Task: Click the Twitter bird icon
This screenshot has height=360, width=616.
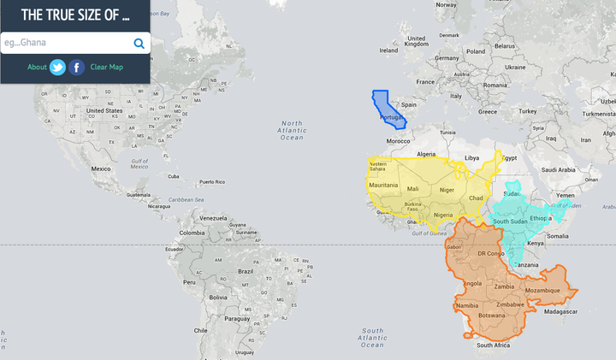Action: (57, 68)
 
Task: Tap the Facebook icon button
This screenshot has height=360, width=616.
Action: (77, 68)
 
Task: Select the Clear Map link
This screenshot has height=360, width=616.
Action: (107, 68)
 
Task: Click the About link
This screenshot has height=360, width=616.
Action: (37, 68)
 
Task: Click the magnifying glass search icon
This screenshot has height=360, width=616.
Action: (139, 44)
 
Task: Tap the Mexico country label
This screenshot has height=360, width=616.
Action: (102, 168)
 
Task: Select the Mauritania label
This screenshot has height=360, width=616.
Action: (382, 186)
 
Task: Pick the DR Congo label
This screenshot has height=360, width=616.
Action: (492, 254)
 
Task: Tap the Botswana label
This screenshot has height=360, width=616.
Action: (492, 316)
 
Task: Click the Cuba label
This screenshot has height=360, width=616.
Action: (174, 177)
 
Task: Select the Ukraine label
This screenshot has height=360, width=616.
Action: (515, 67)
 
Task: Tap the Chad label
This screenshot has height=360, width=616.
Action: (477, 198)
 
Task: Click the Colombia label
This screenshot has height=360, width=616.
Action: (192, 233)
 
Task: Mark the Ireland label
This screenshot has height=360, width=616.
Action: (388, 50)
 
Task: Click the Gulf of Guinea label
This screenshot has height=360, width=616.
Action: (429, 233)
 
